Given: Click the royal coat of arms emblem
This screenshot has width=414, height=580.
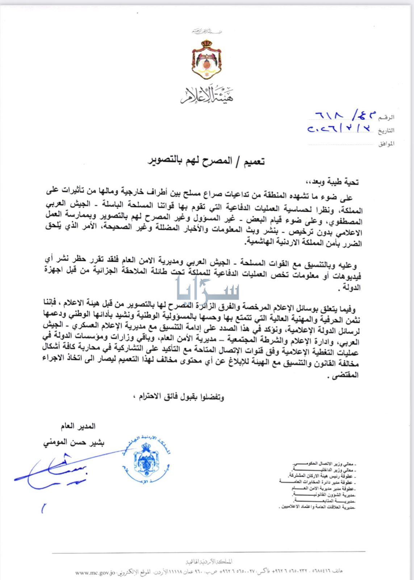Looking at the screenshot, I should coord(207,60).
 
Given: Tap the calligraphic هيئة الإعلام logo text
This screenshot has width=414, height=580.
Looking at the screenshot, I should coord(207,95).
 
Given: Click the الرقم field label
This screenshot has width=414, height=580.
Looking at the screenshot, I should coord(386,117).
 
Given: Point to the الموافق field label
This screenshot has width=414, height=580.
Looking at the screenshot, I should coord(386,144).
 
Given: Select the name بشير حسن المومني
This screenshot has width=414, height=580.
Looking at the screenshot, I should coord(73,443).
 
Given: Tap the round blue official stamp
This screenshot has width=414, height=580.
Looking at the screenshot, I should coord(147,461).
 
